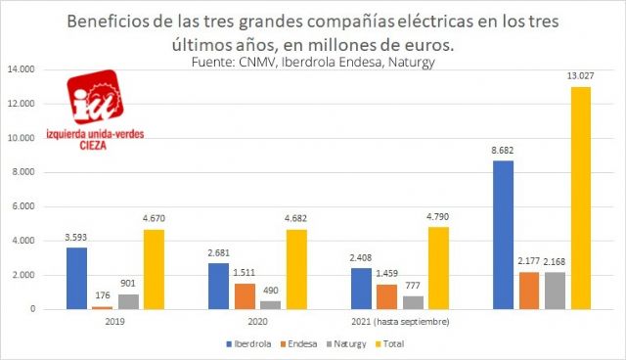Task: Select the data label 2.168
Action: [x=557, y=262]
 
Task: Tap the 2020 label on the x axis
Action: [x=259, y=320]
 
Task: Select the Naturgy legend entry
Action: [x=367, y=344]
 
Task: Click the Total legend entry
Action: [x=418, y=344]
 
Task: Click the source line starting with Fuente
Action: [x=313, y=63]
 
